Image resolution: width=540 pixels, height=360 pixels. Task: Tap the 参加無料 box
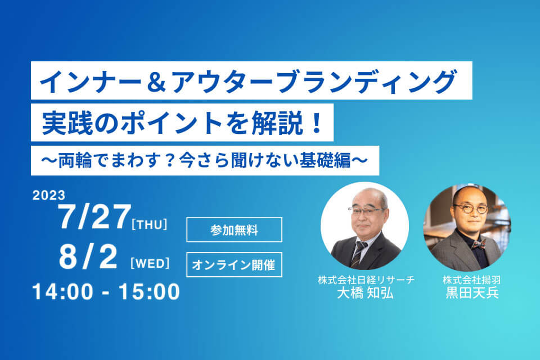tap(234, 229)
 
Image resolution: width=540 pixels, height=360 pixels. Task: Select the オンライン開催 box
tap(234, 264)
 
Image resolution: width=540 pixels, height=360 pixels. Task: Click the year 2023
tap(49, 195)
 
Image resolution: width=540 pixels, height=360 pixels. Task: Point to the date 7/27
tap(94, 217)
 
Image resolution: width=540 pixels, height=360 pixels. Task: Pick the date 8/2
tap(88, 256)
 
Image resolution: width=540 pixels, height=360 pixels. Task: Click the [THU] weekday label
tap(150, 224)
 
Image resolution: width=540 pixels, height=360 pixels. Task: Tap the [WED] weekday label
tap(150, 264)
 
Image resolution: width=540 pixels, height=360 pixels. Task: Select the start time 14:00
tap(62, 292)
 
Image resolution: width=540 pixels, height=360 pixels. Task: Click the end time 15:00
tap(149, 292)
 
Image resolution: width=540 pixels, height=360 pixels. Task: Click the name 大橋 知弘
tap(366, 293)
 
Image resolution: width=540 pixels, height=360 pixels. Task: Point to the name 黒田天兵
tap(472, 293)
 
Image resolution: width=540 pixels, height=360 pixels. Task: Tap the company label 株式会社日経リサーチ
tap(366, 280)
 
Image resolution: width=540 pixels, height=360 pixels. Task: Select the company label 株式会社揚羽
tap(471, 280)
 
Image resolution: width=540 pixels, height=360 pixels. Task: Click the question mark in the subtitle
tap(169, 161)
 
